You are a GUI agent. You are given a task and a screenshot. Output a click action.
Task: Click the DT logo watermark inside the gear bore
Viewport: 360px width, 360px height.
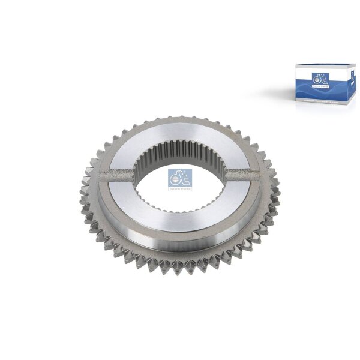(176, 178)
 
